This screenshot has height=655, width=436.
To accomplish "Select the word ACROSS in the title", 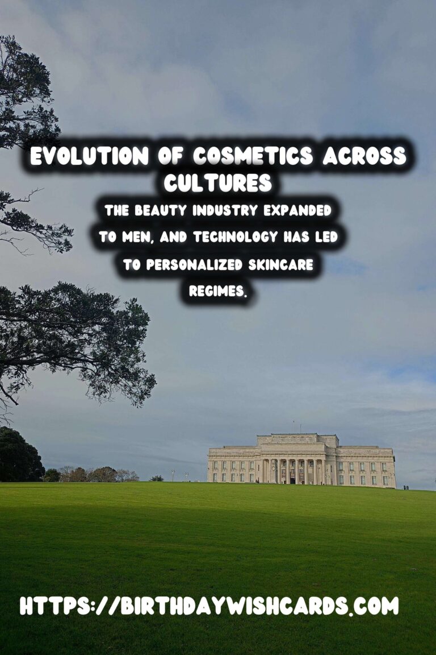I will [x=365, y=156].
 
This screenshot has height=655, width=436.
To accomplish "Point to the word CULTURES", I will [x=218, y=183].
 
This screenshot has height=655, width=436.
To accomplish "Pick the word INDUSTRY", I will [x=227, y=211].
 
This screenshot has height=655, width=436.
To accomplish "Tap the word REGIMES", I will [x=218, y=292].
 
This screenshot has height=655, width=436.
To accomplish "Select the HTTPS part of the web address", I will [x=50, y=606].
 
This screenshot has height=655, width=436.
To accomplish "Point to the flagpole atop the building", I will [x=294, y=427].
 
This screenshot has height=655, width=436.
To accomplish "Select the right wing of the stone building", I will [x=366, y=467].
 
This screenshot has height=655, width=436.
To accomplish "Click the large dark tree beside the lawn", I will [x=20, y=455].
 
